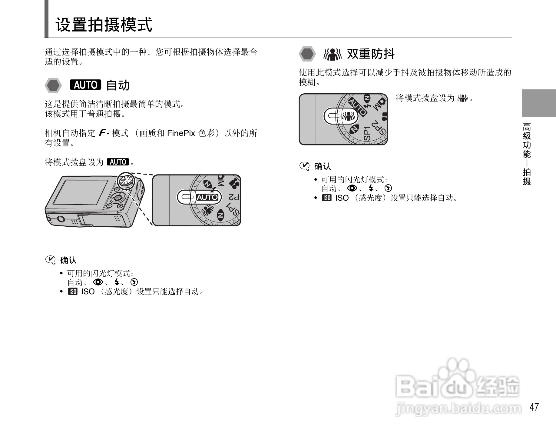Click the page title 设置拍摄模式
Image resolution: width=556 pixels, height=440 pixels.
point(104,25)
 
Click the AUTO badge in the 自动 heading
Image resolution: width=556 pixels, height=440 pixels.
point(85,85)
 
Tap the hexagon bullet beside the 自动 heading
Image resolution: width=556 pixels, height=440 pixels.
point(53,85)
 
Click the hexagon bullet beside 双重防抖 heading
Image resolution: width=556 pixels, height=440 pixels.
point(307,54)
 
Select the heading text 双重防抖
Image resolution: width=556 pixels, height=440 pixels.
point(371,54)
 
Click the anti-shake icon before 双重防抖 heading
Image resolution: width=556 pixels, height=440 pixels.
point(333,54)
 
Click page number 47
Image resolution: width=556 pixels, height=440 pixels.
point(534,407)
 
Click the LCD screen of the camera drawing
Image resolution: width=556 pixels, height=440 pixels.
point(81,192)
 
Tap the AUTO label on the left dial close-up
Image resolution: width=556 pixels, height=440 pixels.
point(207,197)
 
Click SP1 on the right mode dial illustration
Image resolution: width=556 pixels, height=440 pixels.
point(367,133)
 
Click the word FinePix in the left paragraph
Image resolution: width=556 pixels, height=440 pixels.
point(181,133)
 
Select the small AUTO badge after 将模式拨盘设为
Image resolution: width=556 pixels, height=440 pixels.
point(118,162)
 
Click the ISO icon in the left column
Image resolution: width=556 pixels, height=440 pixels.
point(73,292)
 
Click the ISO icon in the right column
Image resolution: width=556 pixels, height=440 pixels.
point(327,198)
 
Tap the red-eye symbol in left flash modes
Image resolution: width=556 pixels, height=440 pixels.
point(98,282)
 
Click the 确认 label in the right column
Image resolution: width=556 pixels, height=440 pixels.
point(323,166)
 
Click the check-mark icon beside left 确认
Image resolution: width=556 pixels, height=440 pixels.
point(50,260)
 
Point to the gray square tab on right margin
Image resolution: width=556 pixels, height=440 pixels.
point(539,103)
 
